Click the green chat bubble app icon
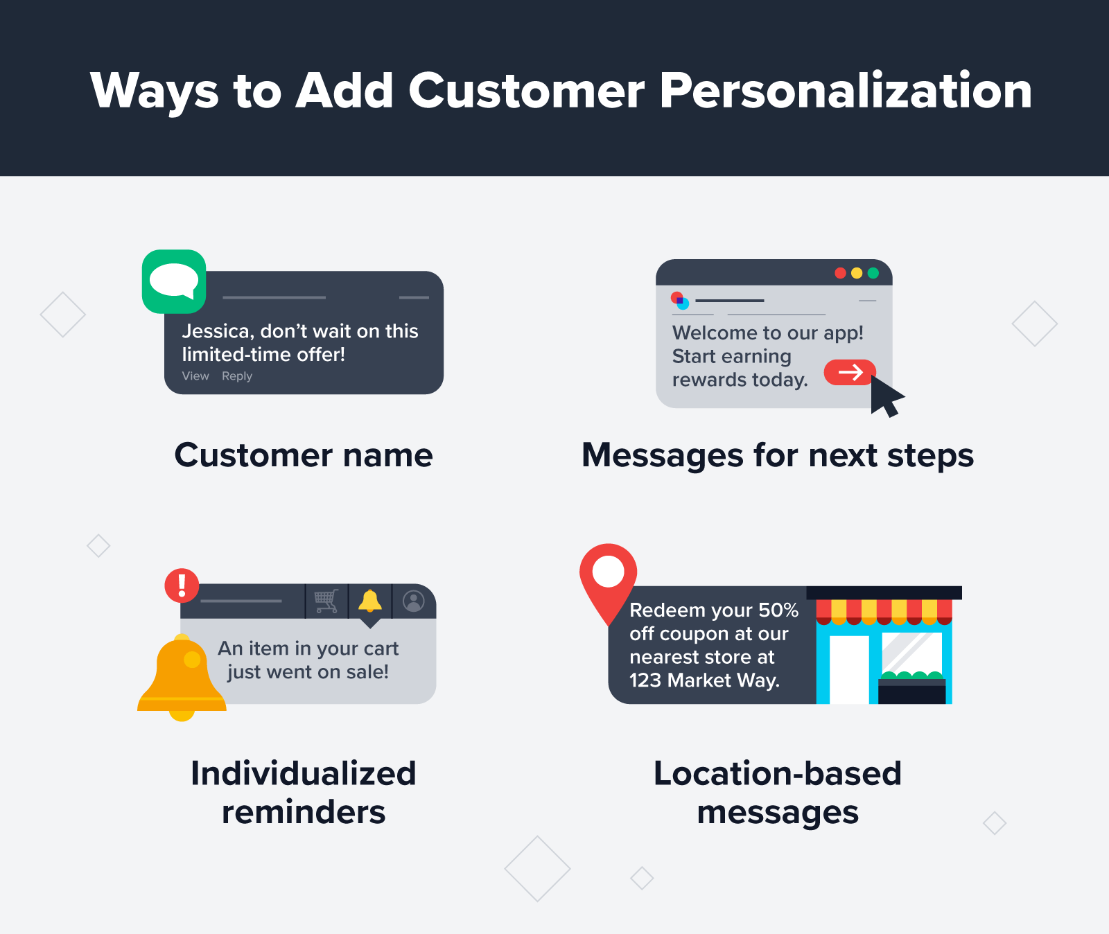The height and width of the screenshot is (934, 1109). [174, 281]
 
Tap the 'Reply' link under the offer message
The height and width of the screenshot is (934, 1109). [237, 376]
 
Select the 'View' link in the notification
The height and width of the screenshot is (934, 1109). [195, 376]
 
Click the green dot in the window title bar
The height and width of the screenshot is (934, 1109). [873, 273]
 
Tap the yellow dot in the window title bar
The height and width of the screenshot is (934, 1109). [857, 273]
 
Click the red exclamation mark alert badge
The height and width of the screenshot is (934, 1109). [182, 585]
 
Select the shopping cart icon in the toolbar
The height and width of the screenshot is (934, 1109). [326, 601]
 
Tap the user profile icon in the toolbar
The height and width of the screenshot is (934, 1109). [414, 601]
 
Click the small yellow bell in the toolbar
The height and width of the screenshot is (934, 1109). [370, 601]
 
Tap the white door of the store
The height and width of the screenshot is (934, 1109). [849, 669]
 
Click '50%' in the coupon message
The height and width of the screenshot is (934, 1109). [778, 610]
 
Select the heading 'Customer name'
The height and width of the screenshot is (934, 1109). [304, 455]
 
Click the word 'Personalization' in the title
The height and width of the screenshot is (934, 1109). [846, 91]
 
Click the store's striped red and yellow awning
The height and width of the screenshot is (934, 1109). [884, 611]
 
